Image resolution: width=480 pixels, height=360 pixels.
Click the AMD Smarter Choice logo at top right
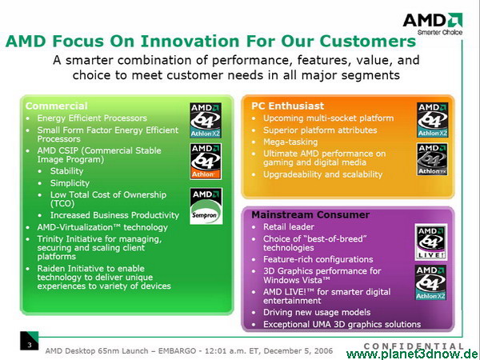click(433, 24)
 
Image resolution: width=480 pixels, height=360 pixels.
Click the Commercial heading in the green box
click(57, 106)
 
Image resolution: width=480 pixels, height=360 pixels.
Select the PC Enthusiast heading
click(287, 106)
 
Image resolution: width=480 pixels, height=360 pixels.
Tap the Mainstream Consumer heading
click(310, 215)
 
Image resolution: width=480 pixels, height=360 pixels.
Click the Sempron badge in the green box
click(206, 206)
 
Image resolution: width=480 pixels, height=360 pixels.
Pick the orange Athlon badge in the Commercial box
click(206, 162)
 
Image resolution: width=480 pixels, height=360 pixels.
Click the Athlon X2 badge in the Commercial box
click(206, 120)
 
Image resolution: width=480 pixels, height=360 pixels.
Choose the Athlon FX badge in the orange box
click(432, 159)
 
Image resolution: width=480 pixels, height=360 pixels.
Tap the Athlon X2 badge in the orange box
click(432, 120)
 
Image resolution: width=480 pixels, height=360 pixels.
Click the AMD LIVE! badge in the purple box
click(431, 242)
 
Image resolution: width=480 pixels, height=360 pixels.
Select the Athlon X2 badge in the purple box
click(430, 282)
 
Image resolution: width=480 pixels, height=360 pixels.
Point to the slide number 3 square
click(30, 341)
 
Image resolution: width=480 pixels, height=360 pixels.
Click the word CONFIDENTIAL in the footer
click(414, 346)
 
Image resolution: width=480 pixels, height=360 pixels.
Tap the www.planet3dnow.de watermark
click(413, 354)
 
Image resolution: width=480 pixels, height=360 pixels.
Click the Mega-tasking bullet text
click(290, 142)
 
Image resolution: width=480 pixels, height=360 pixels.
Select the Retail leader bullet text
click(289, 227)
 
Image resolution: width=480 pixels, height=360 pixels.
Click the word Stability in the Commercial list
click(66, 171)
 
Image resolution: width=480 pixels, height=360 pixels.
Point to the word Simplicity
click(70, 183)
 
